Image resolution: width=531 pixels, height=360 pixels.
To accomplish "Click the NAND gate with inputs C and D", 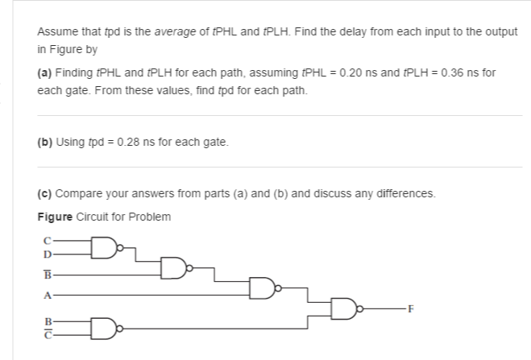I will click(x=102, y=245).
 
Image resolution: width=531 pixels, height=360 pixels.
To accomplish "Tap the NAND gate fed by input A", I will click(x=261, y=286).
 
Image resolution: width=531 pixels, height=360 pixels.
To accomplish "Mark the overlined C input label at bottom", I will click(x=48, y=337).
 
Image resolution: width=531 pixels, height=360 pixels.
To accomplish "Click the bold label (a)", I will click(x=45, y=72).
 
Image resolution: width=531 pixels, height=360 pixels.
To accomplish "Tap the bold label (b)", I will click(x=45, y=143).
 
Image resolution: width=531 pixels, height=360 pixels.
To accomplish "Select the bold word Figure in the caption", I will click(x=53, y=217).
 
